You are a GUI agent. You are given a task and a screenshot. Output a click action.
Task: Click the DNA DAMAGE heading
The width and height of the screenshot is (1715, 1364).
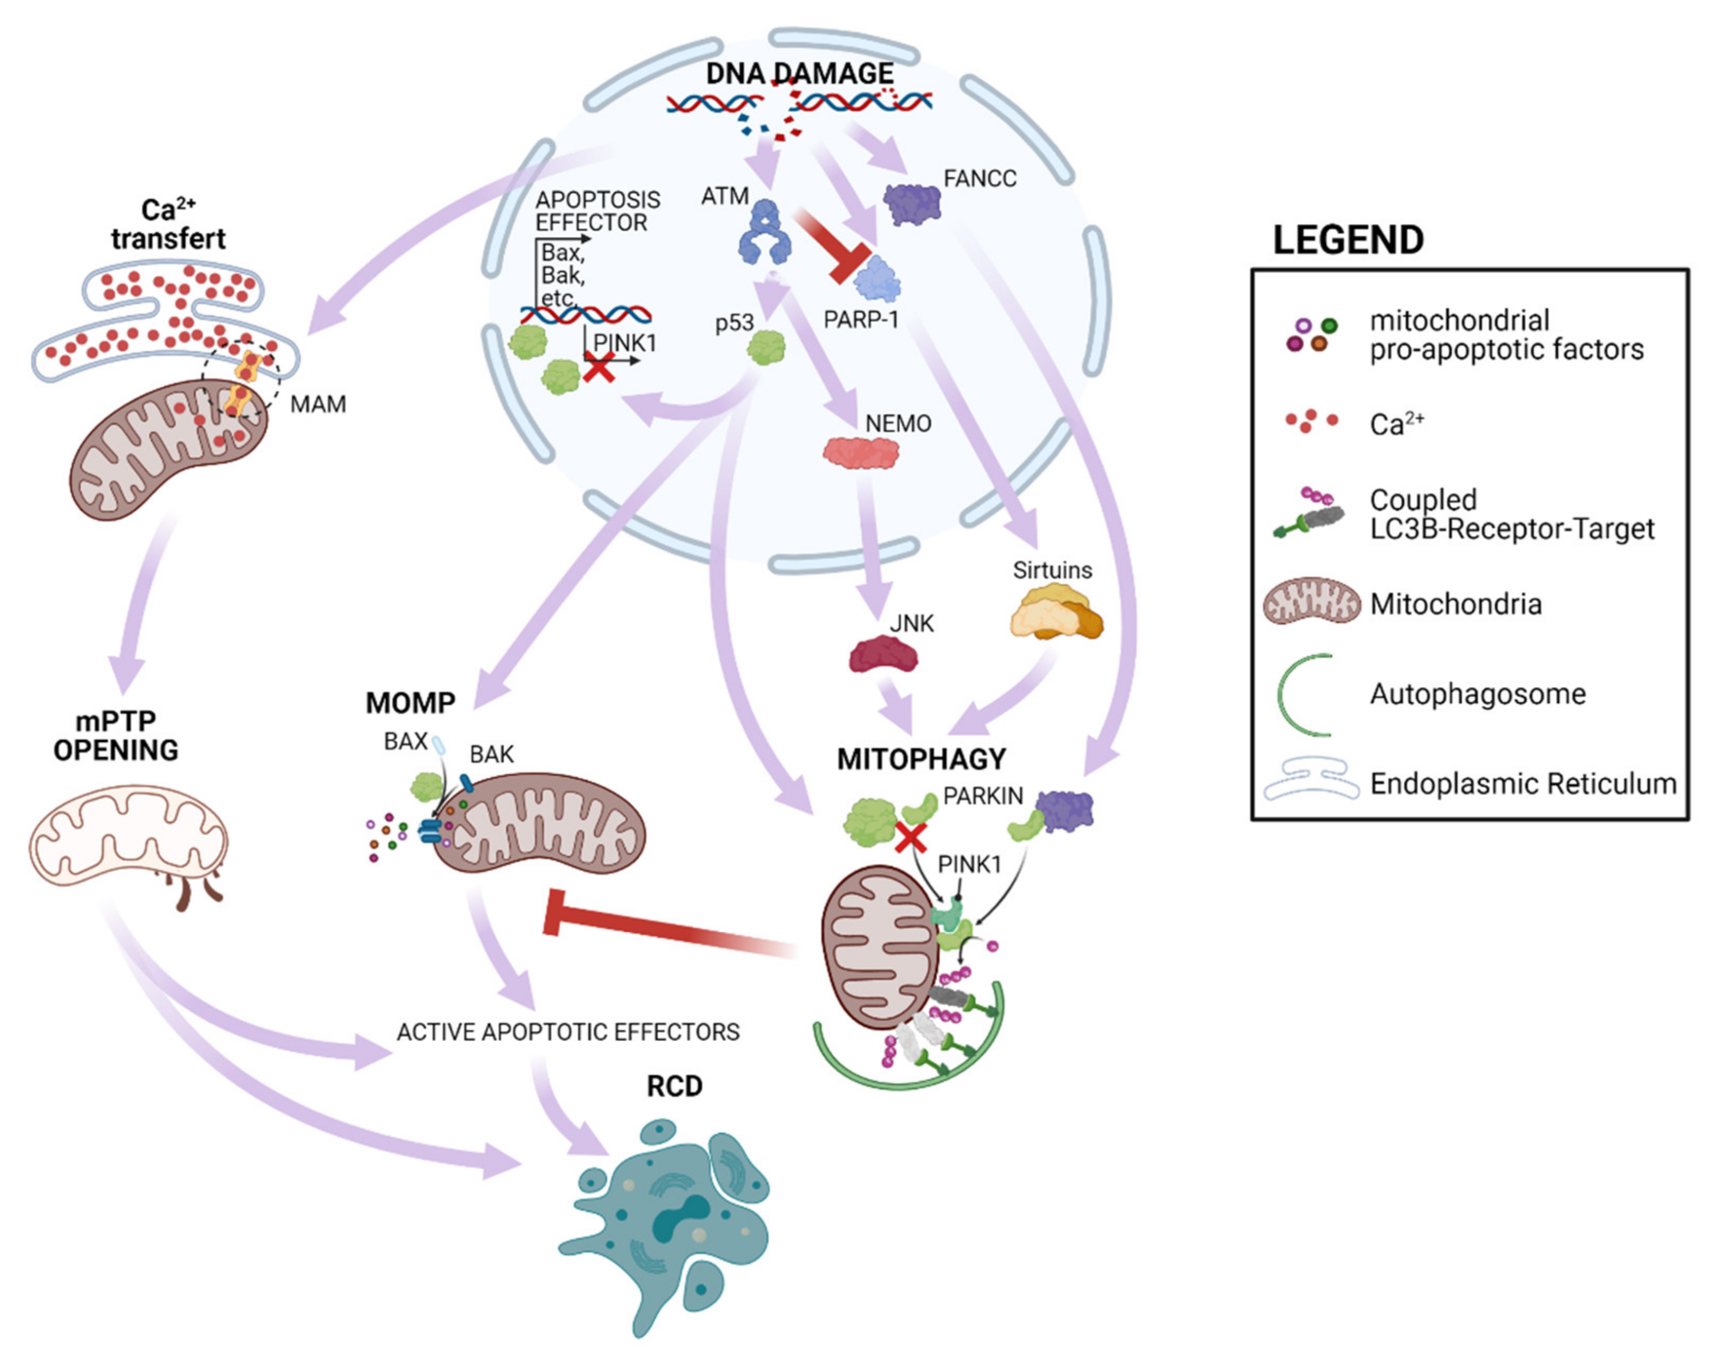799,74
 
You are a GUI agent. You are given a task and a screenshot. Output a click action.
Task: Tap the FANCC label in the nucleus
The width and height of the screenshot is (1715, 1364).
979,178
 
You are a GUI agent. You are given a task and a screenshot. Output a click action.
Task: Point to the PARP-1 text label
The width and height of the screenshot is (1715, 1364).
861,320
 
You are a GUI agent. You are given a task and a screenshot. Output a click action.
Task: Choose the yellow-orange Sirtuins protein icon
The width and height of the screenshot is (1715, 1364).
1055,611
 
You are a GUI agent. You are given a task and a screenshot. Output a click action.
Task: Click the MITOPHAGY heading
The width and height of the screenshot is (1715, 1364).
921,759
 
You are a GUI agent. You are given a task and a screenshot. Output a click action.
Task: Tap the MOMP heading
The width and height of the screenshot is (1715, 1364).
411,702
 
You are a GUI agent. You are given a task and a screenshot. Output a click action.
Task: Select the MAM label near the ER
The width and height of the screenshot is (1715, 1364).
318,404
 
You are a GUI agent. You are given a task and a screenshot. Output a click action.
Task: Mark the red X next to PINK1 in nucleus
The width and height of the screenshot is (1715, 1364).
599,367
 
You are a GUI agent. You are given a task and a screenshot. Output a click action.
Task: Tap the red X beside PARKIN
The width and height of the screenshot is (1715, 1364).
912,837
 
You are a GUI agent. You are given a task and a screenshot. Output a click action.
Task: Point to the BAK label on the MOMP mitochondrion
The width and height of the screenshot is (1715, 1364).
492,754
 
